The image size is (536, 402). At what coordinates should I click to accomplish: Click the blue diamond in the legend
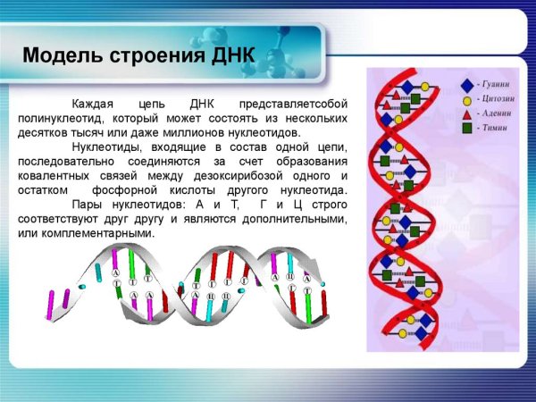pyautogui.click(x=466, y=85)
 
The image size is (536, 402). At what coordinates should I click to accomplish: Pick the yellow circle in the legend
pyautogui.click(x=466, y=99)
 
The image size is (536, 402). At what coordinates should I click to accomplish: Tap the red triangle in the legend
pyautogui.click(x=466, y=114)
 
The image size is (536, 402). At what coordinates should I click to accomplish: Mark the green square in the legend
pyautogui.click(x=466, y=129)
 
